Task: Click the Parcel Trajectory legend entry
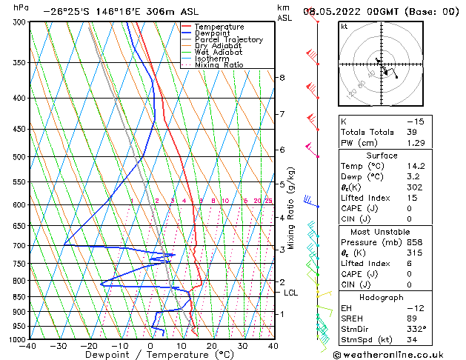click(228, 40)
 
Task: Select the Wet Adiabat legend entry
click(219, 53)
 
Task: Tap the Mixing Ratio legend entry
click(219, 65)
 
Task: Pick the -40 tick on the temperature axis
click(29, 346)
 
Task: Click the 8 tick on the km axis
click(282, 77)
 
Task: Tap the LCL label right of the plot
click(291, 293)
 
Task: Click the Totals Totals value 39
click(412, 132)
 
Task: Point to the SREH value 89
click(412, 318)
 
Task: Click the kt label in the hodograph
click(344, 26)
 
